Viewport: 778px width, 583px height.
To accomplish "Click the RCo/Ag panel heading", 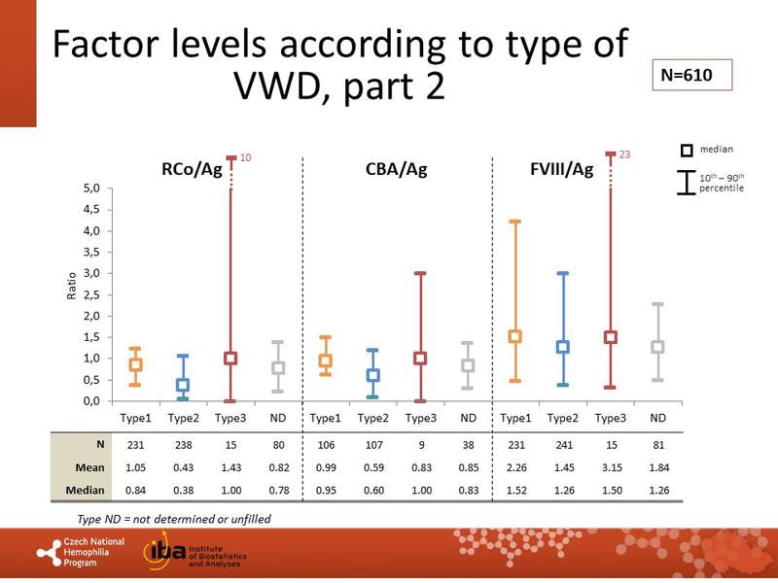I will pyautogui.click(x=192, y=169).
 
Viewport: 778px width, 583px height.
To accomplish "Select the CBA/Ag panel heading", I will pyautogui.click(x=396, y=169).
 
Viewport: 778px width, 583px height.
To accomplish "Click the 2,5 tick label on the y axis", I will pyautogui.click(x=89, y=294).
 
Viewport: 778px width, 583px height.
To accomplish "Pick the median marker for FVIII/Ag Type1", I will pyautogui.click(x=515, y=336).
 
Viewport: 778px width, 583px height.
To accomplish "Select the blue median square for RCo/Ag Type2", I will pyautogui.click(x=183, y=385).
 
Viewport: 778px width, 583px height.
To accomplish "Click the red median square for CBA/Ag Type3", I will pyautogui.click(x=420, y=358).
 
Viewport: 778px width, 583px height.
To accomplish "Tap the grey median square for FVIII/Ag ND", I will pyautogui.click(x=657, y=347).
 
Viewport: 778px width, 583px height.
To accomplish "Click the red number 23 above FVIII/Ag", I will pyautogui.click(x=624, y=154).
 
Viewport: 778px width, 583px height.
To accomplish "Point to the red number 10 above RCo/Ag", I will pyautogui.click(x=245, y=156).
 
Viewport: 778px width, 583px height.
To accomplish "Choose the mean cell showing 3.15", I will pyautogui.click(x=610, y=466).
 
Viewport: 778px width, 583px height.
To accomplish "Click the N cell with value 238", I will pyautogui.click(x=183, y=445).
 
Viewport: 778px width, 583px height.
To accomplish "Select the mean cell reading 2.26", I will pyautogui.click(x=515, y=466).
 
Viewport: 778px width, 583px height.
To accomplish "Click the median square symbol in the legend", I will pyautogui.click(x=687, y=150).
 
